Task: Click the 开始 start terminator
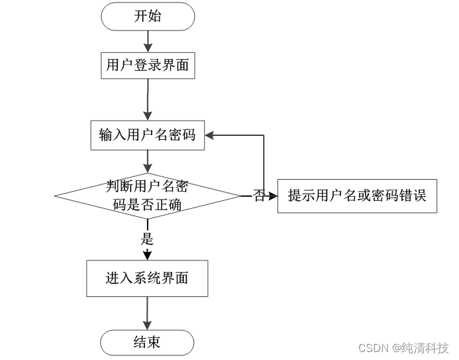point(148,17)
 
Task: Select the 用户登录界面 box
point(148,66)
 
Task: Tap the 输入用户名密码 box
point(148,135)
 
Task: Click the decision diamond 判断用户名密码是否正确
point(148,196)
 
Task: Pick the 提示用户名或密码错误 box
point(357,196)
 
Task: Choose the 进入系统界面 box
point(147,278)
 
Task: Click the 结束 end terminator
point(147,343)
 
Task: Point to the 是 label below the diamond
point(147,239)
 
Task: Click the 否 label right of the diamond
point(259,196)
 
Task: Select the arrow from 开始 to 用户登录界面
point(148,41)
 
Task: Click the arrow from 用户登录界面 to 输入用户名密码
point(148,99)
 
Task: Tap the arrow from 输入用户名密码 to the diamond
point(148,162)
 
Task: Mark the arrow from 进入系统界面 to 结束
point(147,314)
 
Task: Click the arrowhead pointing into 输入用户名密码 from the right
point(209,135)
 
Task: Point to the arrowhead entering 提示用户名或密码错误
point(273,196)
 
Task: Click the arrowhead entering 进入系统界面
point(147,255)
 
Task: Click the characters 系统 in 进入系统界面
point(147,278)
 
